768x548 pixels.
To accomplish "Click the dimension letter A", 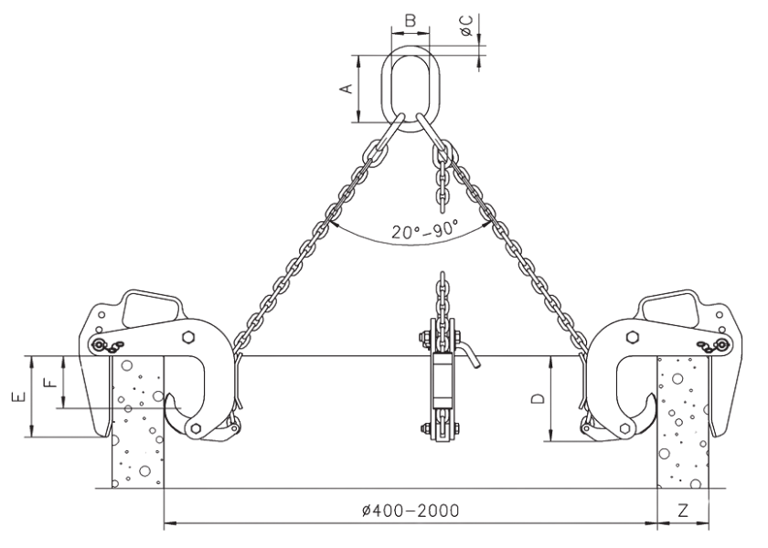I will click(346, 88).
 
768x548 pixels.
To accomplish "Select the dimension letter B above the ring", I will click(411, 17).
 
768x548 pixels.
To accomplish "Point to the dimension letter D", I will click(539, 398).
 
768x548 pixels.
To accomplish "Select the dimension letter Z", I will click(683, 511).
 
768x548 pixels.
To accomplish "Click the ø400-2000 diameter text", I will click(411, 510).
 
